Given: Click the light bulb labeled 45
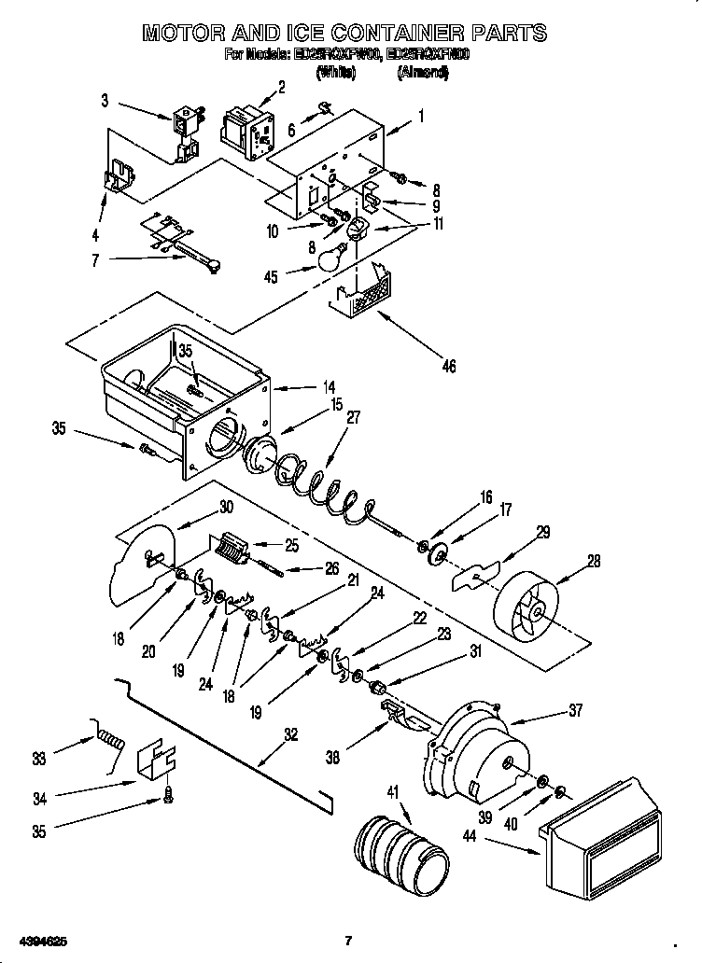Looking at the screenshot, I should tap(329, 258).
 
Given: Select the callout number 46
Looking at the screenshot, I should tap(449, 367).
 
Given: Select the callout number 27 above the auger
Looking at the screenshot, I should tap(353, 419).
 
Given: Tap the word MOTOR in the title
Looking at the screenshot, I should tap(180, 34).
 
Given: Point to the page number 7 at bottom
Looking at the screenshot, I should tap(347, 941).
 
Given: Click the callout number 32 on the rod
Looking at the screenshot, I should tap(290, 734).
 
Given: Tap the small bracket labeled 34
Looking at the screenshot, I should tap(157, 760).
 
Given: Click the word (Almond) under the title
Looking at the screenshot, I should tap(423, 71).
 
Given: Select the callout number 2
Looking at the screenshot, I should tap(281, 88).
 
